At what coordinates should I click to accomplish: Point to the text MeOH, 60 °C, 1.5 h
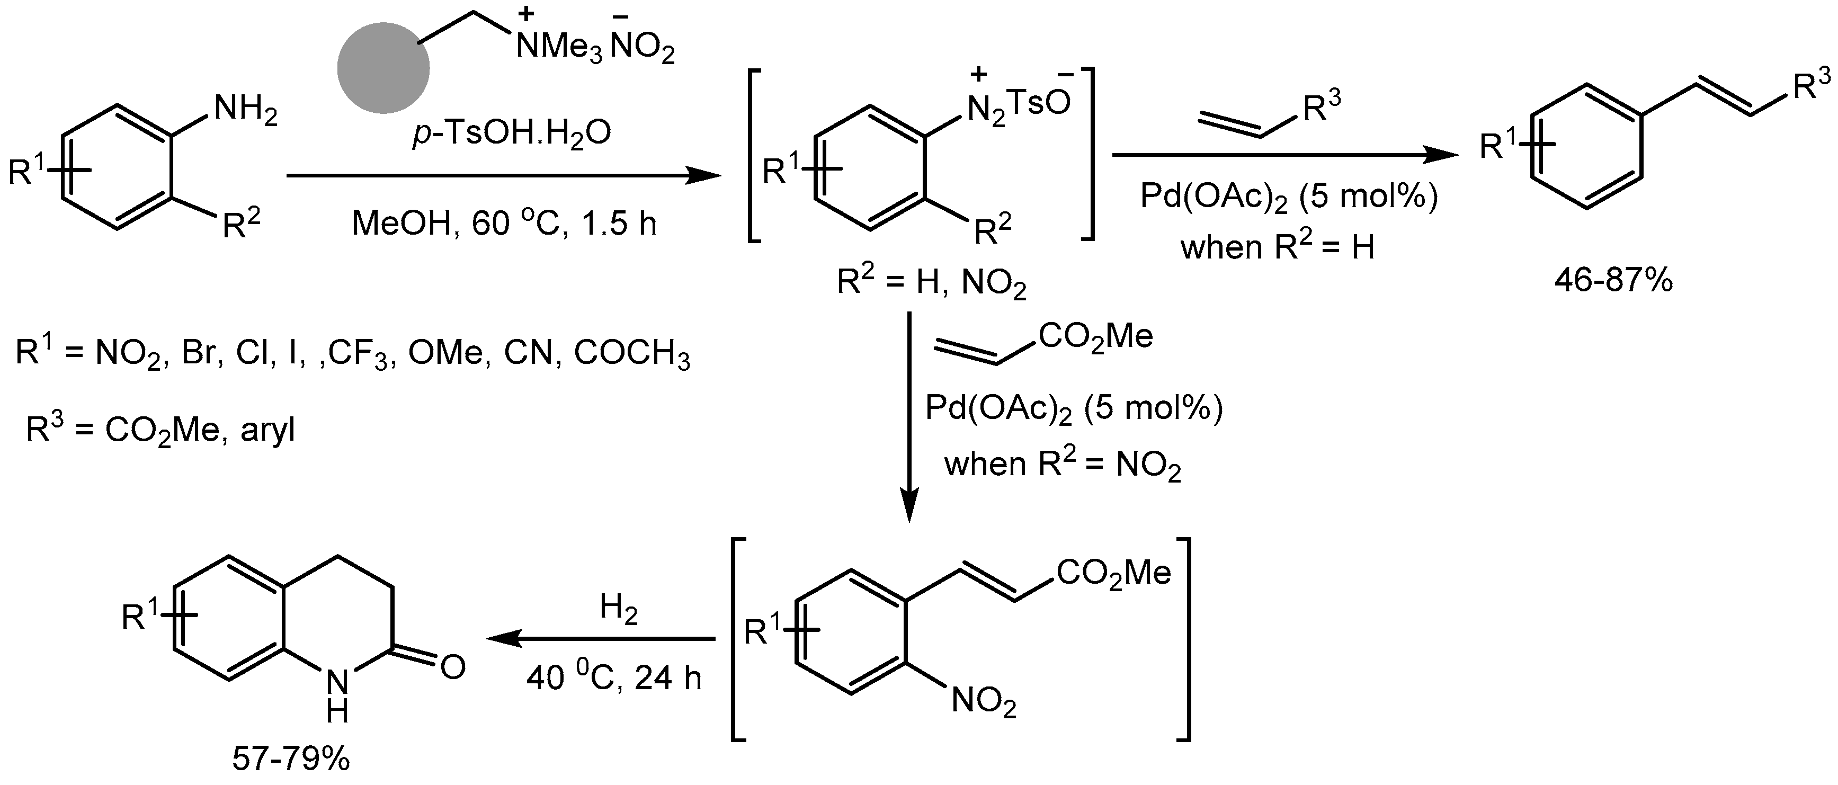click(x=504, y=224)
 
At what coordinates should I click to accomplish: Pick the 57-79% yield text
click(x=291, y=759)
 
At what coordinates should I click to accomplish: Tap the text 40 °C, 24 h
click(x=613, y=676)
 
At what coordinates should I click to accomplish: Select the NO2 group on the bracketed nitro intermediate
click(x=983, y=702)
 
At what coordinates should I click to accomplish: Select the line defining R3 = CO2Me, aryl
click(x=160, y=430)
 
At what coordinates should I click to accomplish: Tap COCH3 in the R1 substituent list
click(x=631, y=353)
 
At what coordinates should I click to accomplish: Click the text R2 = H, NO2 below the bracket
click(x=931, y=283)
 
